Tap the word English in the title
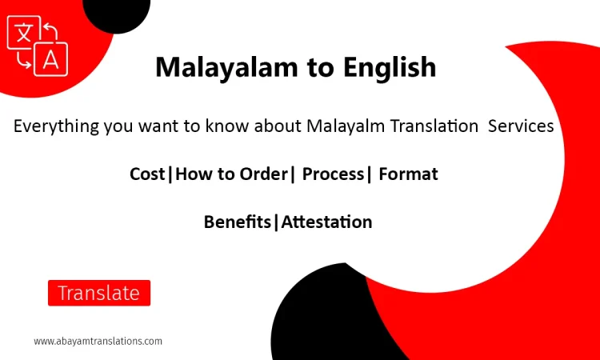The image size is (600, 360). tap(386, 67)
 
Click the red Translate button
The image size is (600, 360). tap(99, 293)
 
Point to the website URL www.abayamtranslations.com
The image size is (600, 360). tap(98, 341)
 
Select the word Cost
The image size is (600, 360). tap(148, 174)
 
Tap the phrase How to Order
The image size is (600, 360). tap(231, 174)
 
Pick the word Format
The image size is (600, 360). tap(408, 174)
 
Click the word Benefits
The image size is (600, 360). tap(238, 222)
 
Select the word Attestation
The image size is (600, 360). tap(326, 222)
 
